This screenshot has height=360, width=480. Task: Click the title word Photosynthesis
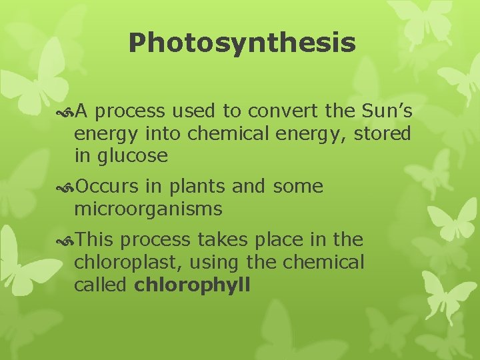tap(242, 43)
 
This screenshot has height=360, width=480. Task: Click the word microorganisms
tap(148, 209)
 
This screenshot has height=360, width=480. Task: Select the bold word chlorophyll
tap(192, 285)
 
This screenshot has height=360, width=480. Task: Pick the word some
tap(297, 187)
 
